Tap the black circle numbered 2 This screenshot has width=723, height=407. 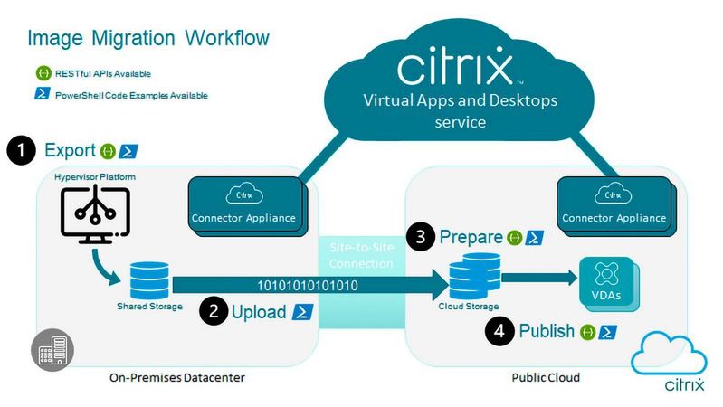(214, 312)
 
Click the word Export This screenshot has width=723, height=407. (69, 150)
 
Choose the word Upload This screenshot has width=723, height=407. (261, 312)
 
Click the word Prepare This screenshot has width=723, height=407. (471, 238)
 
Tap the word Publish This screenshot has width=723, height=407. (547, 331)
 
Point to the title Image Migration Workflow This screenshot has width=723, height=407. (148, 39)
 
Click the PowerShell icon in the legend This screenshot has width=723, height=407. (41, 93)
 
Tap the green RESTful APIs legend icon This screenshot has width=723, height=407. (41, 73)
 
